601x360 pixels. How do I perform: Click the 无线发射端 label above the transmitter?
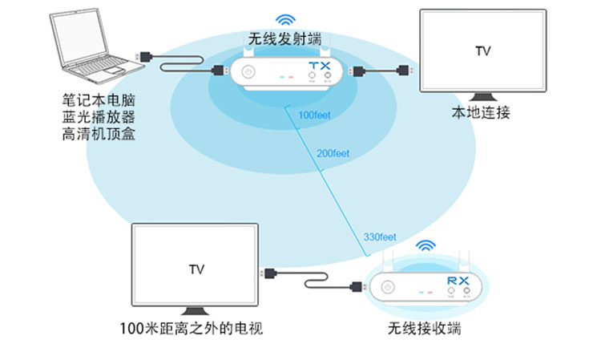284,38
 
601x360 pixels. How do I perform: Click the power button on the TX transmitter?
248,72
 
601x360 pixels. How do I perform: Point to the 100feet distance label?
313,115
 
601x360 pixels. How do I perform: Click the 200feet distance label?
333,153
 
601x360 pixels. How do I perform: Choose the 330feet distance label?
380,237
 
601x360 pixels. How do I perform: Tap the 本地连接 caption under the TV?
482,113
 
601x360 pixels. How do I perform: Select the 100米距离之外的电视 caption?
191,329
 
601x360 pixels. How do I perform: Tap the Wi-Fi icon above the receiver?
425,246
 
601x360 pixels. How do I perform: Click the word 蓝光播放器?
98,118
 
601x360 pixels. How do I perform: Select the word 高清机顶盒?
98,135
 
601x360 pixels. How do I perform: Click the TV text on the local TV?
482,52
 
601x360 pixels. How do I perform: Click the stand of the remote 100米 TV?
195,311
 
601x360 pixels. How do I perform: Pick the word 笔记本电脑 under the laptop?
98,101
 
